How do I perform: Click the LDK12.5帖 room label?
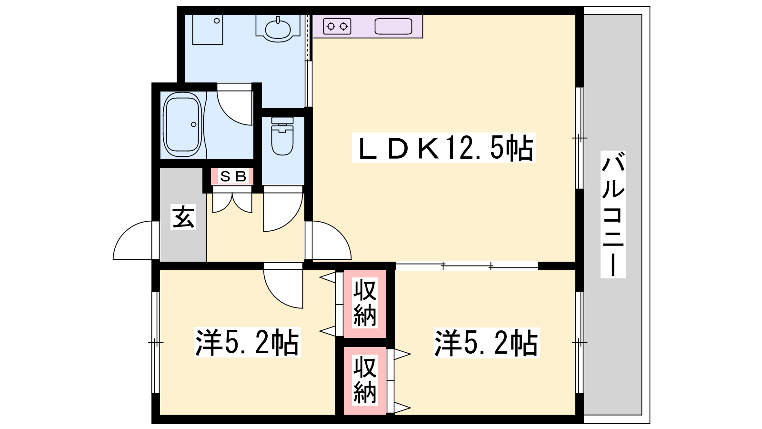click(x=443, y=148)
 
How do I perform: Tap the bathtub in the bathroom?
click(x=182, y=125)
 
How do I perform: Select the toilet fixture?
click(x=282, y=136)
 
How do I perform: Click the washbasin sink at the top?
click(x=278, y=29)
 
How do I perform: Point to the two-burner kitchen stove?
click(x=337, y=26)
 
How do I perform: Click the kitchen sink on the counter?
click(x=393, y=26)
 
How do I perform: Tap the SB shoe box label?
click(x=233, y=176)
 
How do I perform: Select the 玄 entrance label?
click(x=183, y=217)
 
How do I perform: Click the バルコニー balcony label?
click(x=612, y=214)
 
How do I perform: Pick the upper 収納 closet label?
click(x=365, y=303)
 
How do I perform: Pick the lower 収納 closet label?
click(x=365, y=379)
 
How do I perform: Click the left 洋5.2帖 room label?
click(x=247, y=342)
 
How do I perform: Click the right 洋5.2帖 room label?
click(x=486, y=343)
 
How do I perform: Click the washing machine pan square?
click(x=208, y=30)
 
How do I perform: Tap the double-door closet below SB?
click(x=232, y=203)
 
